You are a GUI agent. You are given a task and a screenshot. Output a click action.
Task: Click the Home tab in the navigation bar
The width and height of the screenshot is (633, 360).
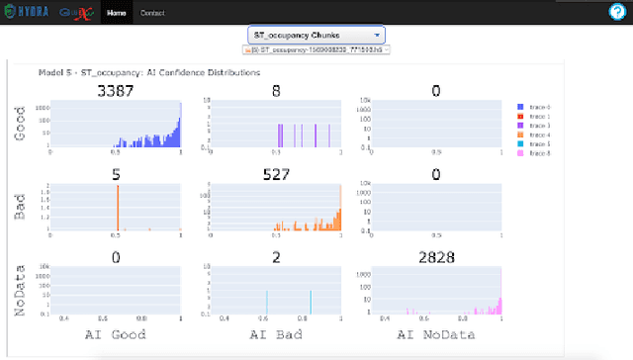(117, 13)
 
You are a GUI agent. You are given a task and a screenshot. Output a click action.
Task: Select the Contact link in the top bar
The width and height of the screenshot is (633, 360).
(152, 13)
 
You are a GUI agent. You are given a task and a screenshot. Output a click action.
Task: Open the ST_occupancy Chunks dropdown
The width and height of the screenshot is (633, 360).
(316, 35)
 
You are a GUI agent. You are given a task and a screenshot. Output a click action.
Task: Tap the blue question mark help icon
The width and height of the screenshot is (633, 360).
(616, 13)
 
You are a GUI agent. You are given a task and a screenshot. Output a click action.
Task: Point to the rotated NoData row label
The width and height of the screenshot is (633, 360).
(19, 290)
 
